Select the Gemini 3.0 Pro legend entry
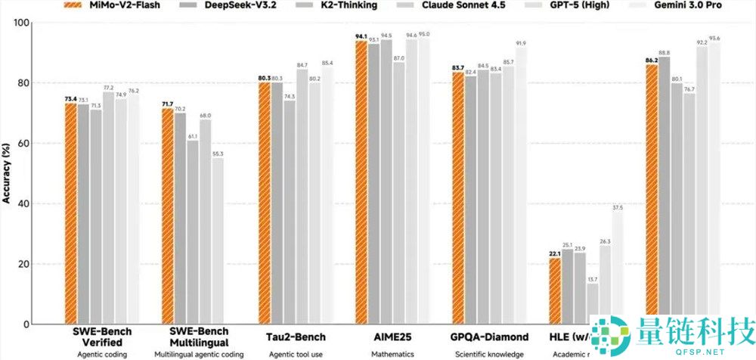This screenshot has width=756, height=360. (680, 6)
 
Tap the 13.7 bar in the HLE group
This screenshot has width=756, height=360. (592, 303)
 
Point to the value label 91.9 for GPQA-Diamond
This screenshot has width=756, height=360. (521, 43)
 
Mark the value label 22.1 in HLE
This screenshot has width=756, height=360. (554, 253)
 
